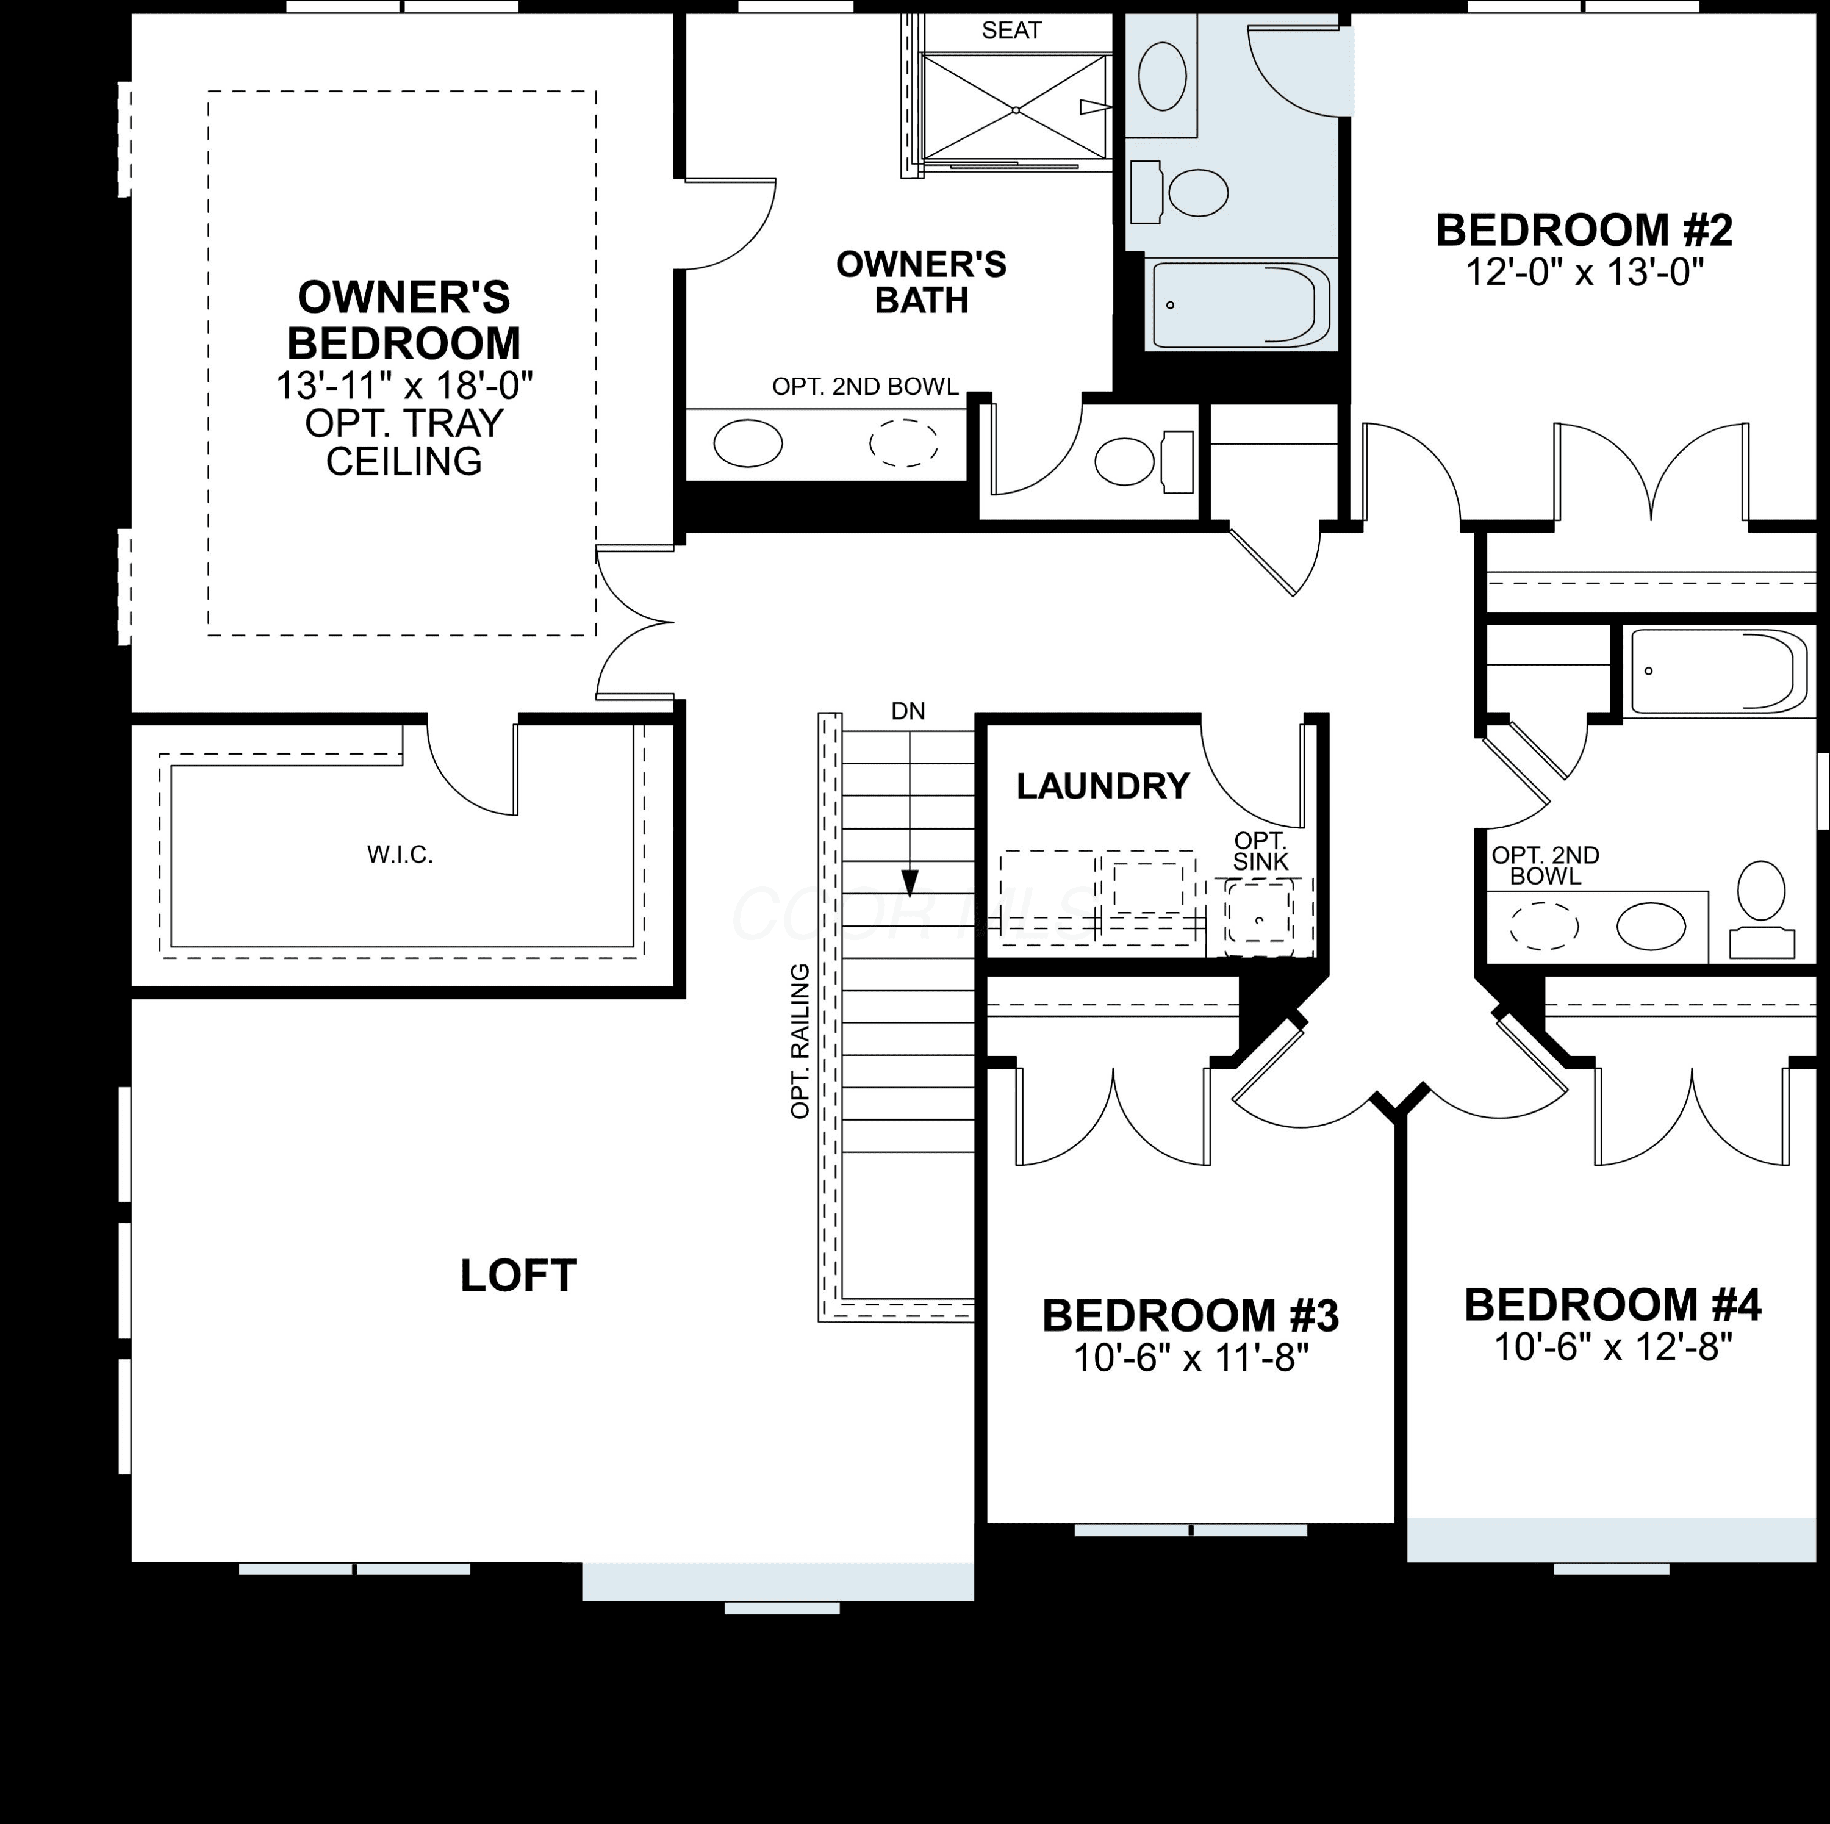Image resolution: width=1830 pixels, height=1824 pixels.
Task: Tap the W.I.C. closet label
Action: coord(400,855)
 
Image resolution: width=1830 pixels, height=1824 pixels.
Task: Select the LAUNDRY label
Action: coord(1102,786)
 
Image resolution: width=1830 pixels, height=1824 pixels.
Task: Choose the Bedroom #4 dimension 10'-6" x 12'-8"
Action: coord(1612,1347)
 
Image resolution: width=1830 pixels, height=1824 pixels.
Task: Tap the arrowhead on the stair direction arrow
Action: coord(910,883)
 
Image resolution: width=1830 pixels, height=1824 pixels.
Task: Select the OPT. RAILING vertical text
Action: coord(800,1041)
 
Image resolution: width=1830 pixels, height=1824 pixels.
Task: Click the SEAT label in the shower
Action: coord(1011,31)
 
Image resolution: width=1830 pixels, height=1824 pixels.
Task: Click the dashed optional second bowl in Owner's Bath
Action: coord(905,442)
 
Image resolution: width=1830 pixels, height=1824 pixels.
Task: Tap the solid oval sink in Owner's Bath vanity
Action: coord(747,442)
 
